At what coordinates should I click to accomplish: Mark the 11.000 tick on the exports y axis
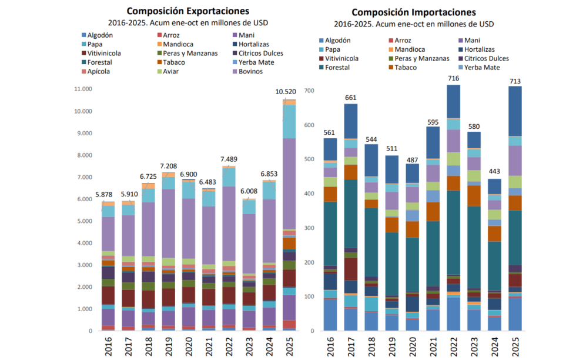coord(83,89)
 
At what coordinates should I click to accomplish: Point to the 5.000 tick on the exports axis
coord(85,221)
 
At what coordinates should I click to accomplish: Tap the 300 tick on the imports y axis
coord(309,228)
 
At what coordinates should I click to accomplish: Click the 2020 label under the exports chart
coord(189,347)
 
